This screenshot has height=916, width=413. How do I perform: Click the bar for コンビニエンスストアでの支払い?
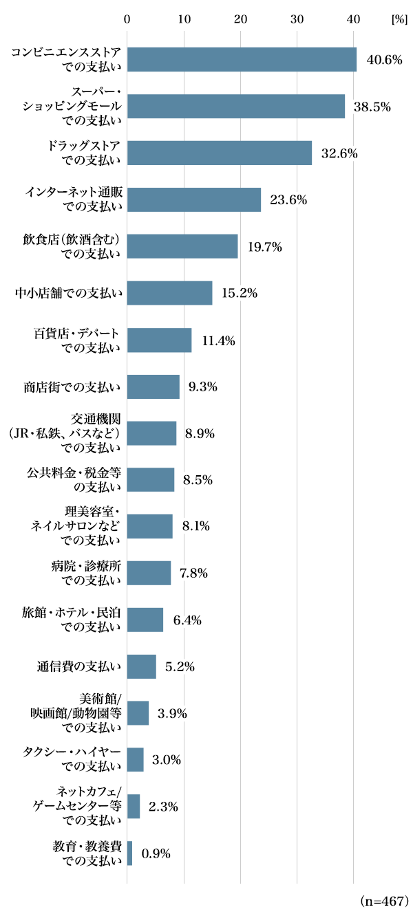(x=242, y=60)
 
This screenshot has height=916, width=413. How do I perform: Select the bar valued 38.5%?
(x=235, y=107)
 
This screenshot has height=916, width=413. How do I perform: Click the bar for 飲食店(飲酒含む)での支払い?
(x=182, y=246)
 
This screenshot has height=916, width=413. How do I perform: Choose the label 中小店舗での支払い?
(x=69, y=294)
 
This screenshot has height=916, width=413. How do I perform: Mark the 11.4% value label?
(x=218, y=340)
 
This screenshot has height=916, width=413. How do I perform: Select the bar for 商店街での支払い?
(x=153, y=386)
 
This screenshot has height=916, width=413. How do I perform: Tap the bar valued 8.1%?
(x=149, y=526)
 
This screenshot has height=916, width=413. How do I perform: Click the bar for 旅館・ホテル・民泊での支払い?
(x=145, y=620)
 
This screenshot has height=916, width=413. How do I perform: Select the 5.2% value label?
(x=180, y=666)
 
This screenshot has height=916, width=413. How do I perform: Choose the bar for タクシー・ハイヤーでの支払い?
(x=135, y=759)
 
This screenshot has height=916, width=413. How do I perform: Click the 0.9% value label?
(x=156, y=853)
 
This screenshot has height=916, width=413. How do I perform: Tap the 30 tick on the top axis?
(x=297, y=19)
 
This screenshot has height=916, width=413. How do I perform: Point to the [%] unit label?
(x=399, y=19)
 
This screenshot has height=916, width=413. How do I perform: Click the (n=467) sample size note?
(x=384, y=900)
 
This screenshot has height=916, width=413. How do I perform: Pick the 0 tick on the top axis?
(x=127, y=19)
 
